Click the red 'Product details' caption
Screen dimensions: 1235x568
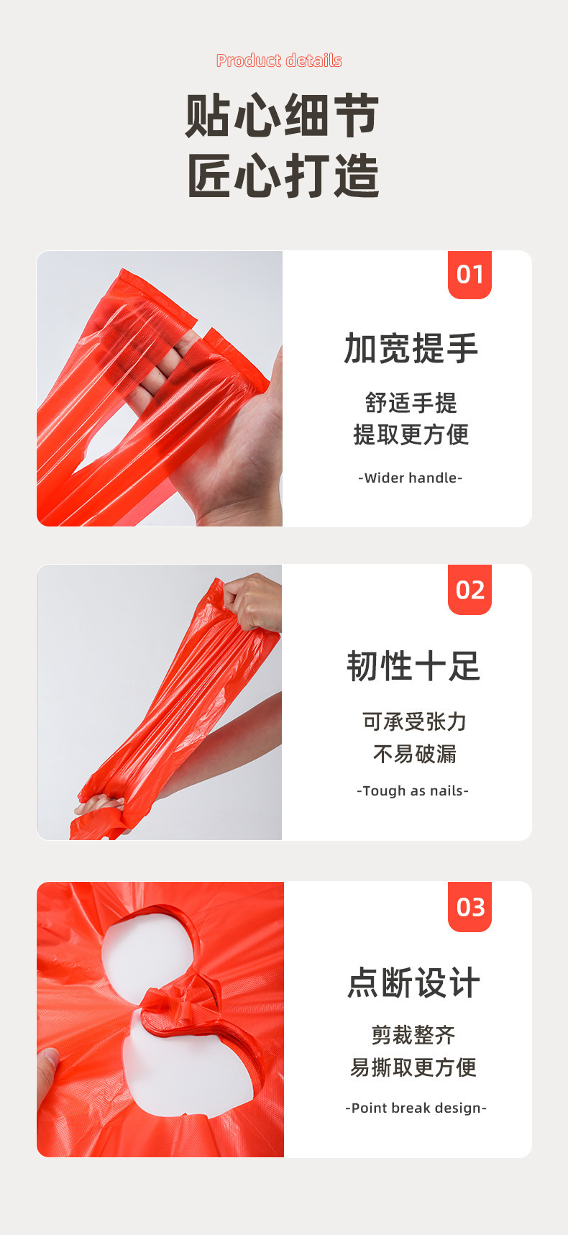point(279,60)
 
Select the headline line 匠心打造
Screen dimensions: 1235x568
point(283,176)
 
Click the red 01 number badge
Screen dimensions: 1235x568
point(469,274)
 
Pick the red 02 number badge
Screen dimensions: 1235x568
point(469,590)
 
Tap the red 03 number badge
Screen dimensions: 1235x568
point(469,907)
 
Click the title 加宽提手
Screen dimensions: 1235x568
point(411,349)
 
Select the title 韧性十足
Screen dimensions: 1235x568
point(413,666)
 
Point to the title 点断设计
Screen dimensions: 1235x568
point(413,983)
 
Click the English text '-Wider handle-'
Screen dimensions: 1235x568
point(410,478)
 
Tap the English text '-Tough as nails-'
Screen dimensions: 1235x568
point(413,790)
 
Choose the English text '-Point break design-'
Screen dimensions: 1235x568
point(416,1108)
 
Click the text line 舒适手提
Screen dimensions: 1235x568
point(411,403)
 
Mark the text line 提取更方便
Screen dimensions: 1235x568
point(411,434)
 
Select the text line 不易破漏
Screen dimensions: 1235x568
point(414,753)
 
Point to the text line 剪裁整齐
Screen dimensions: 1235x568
point(413,1035)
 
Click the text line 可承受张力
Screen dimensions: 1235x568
point(414,721)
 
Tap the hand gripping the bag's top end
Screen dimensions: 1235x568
point(253,601)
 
